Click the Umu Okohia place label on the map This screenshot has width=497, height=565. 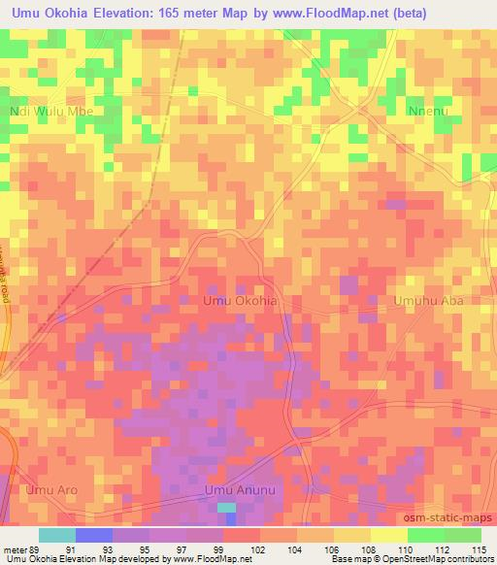(240, 301)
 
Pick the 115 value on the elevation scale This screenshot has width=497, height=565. (480, 550)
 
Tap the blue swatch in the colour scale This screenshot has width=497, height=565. (94, 535)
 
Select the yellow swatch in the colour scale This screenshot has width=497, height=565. (389, 535)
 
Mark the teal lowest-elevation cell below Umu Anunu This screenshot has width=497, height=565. (225, 507)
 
